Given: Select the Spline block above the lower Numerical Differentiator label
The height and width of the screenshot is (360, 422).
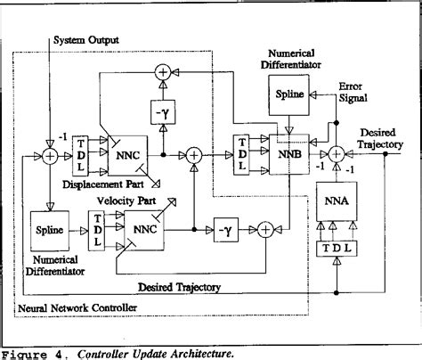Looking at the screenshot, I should coord(51,229).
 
